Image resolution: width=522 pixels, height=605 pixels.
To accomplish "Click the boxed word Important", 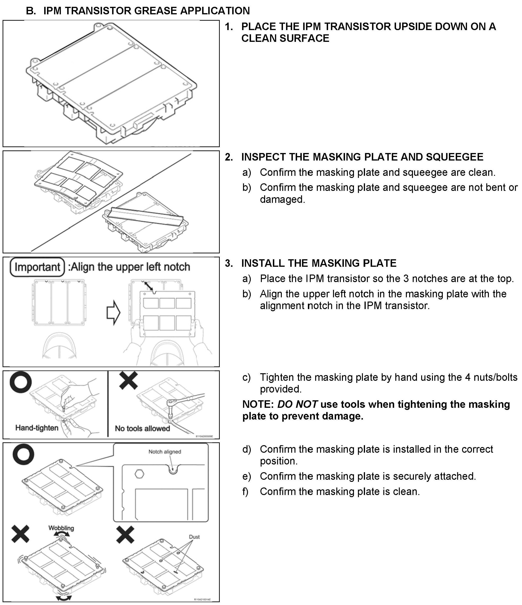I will coord(37,267).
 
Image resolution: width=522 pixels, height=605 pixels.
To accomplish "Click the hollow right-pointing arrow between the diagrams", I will coord(113,313).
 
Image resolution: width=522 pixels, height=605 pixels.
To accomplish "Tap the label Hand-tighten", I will coord(37,428).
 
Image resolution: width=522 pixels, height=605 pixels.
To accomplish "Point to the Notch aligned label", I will coord(165,452).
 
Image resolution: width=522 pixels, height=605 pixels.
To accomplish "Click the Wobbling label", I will coord(61,528).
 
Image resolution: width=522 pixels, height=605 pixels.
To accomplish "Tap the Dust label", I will coord(194,537).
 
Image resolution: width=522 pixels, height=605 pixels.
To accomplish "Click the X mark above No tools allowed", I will coord(129,380).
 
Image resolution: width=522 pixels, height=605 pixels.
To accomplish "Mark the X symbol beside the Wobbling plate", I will coord(20,534).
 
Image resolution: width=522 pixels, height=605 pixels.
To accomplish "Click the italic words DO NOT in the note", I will coord(297,405).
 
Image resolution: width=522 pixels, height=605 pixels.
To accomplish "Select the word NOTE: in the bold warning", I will coord(258,405).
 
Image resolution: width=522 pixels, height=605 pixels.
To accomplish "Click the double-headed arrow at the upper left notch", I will coord(149,286).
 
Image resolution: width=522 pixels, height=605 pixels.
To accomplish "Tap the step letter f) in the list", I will coord(245,491).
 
